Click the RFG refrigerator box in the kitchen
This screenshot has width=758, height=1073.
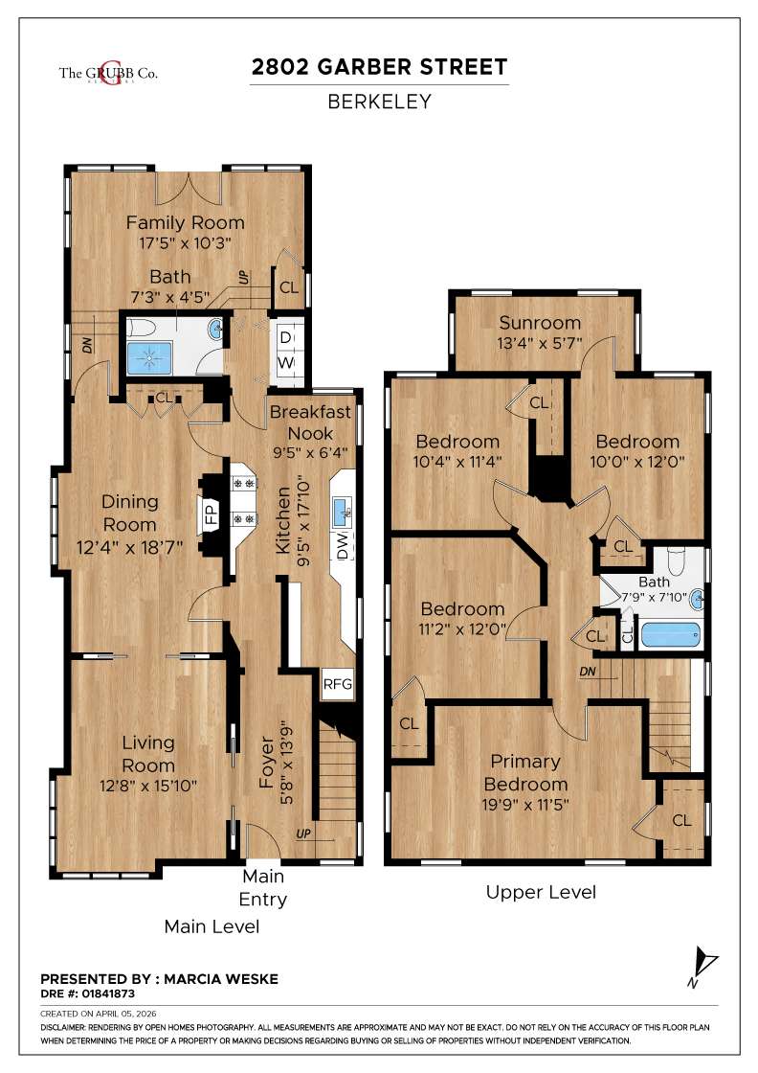[337, 684]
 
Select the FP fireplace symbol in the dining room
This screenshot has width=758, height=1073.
[211, 516]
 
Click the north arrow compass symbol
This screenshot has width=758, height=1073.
[704, 962]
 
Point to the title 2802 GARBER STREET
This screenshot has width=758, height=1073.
[378, 67]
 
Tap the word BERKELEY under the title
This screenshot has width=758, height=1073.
[379, 101]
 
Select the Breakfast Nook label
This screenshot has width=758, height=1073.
[310, 422]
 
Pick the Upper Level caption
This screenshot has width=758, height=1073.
[541, 892]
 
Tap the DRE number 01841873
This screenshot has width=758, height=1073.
[87, 993]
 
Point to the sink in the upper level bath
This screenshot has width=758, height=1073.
[698, 600]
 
